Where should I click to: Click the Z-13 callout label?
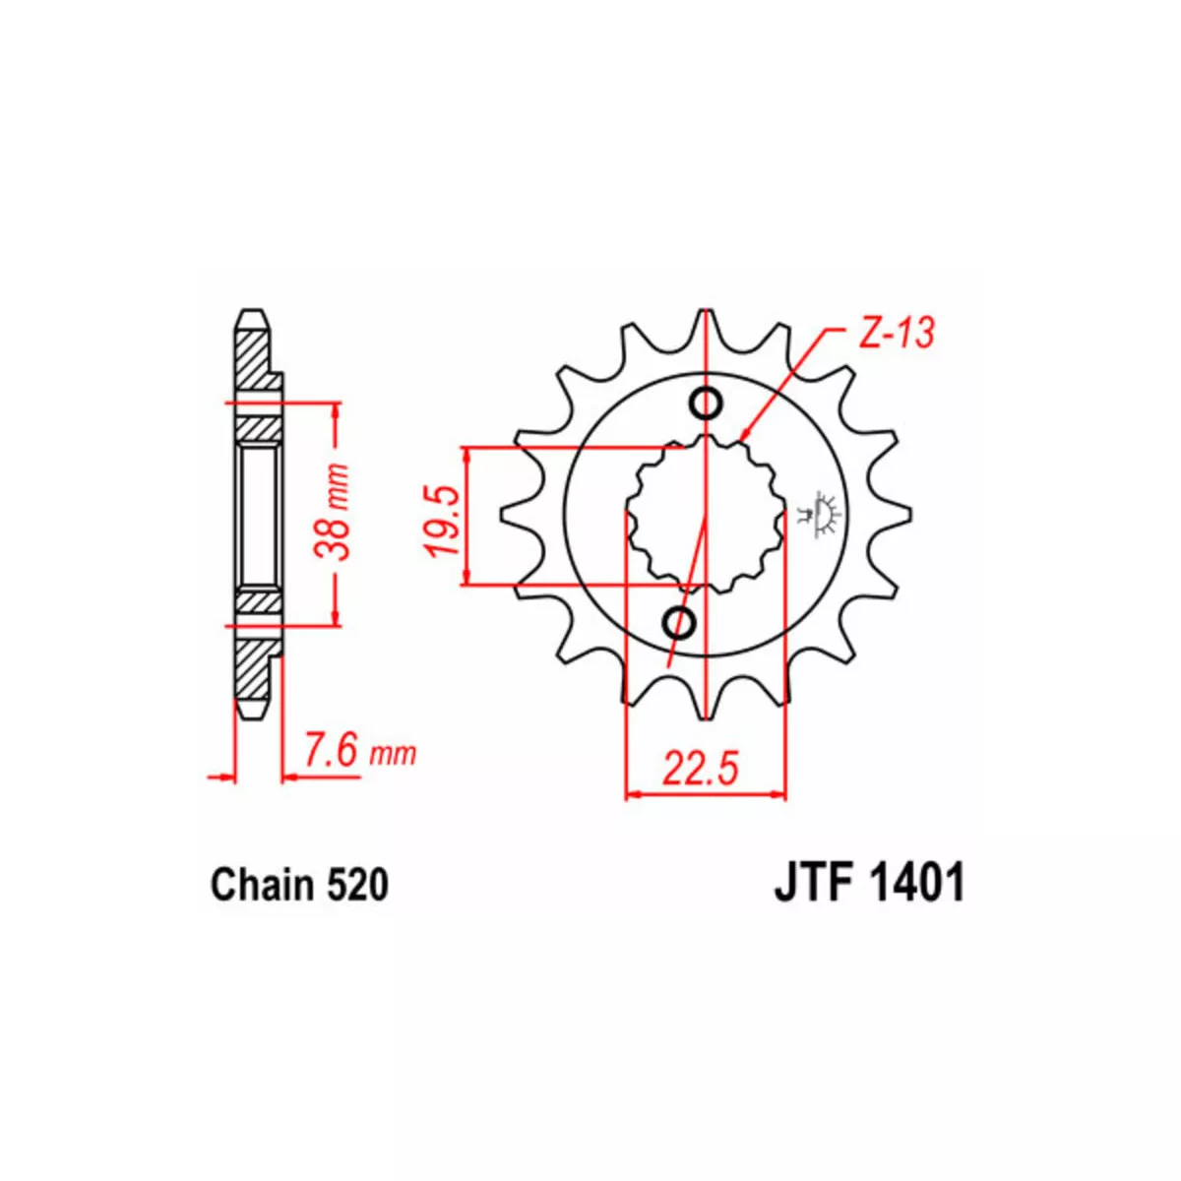896,335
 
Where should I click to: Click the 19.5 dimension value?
443,521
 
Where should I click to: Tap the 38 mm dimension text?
332,512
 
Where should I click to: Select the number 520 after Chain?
358,886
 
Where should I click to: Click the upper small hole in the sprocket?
706,404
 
